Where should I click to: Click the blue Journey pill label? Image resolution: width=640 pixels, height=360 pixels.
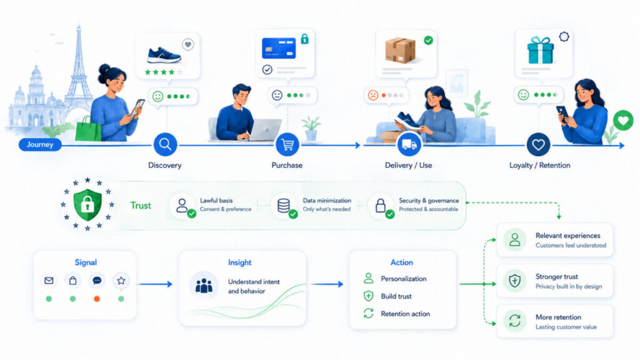tap(40, 144)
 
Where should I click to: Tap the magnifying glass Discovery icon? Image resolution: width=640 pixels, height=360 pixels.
tap(165, 144)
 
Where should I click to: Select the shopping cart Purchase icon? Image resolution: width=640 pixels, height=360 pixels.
tap(287, 144)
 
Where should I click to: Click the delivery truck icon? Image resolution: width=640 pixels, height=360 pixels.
tap(409, 144)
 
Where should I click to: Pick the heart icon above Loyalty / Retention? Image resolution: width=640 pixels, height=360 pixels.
tap(538, 144)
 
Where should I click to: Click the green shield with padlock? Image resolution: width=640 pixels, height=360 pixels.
tap(87, 204)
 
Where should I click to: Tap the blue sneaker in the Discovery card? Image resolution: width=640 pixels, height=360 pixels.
tap(164, 55)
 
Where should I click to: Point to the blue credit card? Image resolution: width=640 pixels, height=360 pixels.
tap(279, 48)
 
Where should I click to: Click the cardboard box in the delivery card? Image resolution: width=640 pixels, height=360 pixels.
tap(401, 50)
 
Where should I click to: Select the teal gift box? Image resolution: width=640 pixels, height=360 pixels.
tap(541, 50)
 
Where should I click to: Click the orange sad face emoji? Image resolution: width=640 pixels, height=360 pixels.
tap(373, 95)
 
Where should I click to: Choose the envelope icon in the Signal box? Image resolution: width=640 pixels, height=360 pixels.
tap(49, 281)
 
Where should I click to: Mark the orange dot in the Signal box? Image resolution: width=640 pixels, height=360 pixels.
tap(97, 299)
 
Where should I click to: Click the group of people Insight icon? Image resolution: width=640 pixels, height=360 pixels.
tap(204, 285)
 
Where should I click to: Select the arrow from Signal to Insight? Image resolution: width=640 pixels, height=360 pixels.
tap(156, 284)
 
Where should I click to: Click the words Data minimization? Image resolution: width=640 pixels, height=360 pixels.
tap(327, 201)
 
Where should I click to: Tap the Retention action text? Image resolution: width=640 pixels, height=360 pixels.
tap(405, 314)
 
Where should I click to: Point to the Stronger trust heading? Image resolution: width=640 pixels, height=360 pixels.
tap(557, 276)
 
